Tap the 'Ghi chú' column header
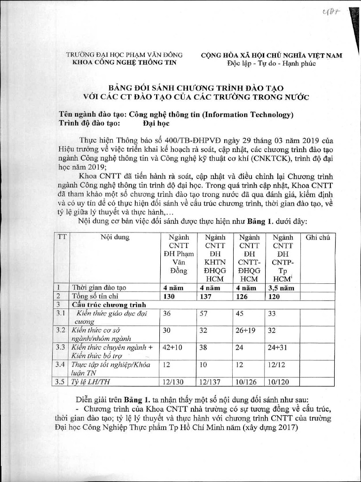pyautogui.click(x=318, y=238)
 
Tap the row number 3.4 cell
pyautogui.click(x=60, y=364)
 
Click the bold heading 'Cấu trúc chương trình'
pyautogui.click(x=109, y=305)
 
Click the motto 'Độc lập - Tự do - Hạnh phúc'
pyautogui.click(x=271, y=63)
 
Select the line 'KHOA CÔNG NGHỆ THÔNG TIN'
pyautogui.click(x=124, y=63)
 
